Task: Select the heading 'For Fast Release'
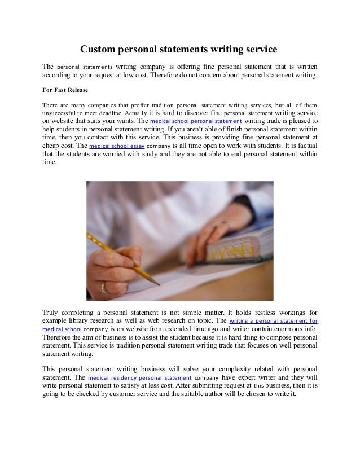coord(65,89)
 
